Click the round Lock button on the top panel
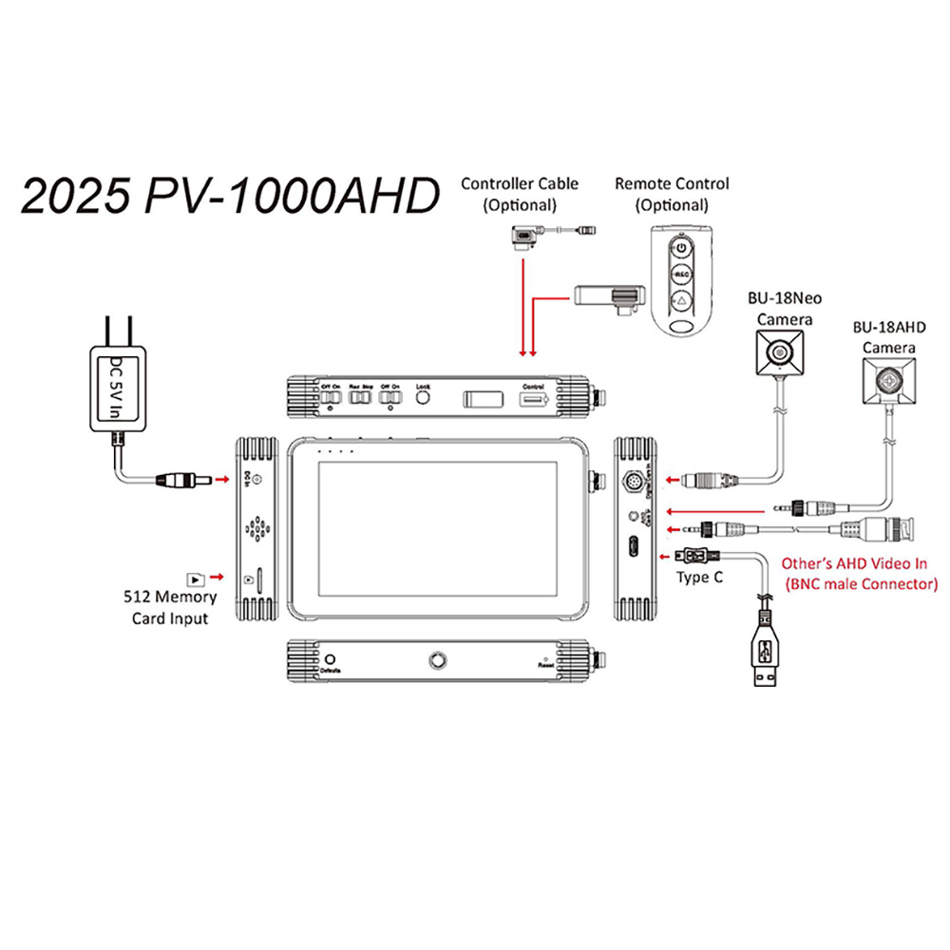423,400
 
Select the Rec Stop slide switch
360,400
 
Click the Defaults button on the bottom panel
331,658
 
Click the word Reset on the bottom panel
545,669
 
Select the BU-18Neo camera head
780,354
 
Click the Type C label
697,576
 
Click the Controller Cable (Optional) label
519,193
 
